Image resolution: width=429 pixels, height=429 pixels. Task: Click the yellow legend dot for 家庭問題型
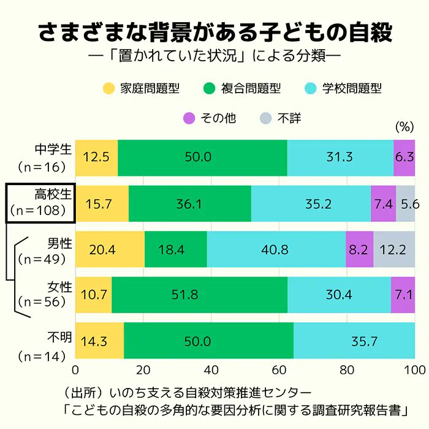click(x=109, y=88)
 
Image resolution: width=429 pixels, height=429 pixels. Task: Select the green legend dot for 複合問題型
click(x=210, y=88)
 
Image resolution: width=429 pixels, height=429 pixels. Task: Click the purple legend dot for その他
click(x=189, y=118)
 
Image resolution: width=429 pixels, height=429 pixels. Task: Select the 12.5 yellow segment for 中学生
click(x=96, y=158)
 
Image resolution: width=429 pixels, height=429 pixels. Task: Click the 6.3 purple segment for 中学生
click(x=404, y=158)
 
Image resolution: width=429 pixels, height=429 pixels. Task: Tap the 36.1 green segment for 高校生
click(x=189, y=203)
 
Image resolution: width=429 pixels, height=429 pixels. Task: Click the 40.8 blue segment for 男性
click(x=276, y=249)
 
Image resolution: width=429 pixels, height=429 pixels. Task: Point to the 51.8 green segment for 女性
click(x=199, y=295)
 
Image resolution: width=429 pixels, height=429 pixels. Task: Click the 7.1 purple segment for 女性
click(x=403, y=295)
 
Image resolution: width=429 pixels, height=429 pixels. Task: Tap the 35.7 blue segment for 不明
click(x=354, y=341)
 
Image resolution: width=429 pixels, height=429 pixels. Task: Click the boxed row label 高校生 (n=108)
click(x=41, y=203)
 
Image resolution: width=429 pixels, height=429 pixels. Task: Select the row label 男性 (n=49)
click(x=50, y=250)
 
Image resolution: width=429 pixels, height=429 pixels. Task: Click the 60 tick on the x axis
click(x=279, y=370)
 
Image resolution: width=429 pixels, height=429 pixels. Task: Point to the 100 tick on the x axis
click(x=414, y=370)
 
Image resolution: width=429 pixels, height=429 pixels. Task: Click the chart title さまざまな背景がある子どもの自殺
click(x=214, y=32)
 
